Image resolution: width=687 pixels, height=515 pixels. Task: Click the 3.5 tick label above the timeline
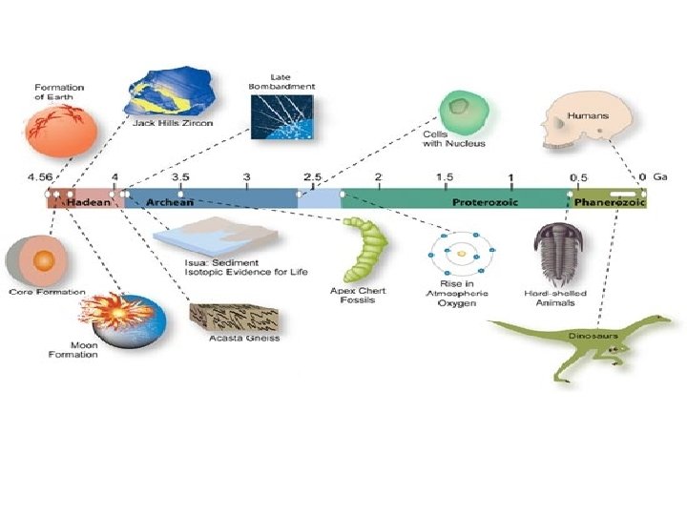[179, 177]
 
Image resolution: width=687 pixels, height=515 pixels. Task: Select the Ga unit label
[660, 177]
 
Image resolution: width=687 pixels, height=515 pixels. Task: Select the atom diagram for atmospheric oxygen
[460, 254]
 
